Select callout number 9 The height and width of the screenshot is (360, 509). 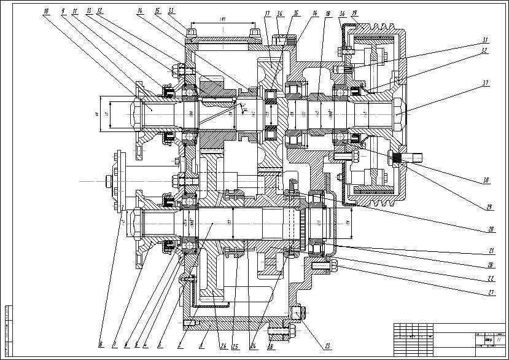63,11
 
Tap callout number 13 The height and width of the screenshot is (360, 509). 89,11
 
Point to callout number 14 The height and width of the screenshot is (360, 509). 140,11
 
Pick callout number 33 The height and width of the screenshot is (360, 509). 170,11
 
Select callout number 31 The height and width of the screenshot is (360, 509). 485,41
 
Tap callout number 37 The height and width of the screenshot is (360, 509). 485,82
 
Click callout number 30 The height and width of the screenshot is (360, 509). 485,181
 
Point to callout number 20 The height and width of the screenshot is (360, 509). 491,229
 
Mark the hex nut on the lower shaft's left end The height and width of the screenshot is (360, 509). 131,222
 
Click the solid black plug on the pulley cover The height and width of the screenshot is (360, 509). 398,158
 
